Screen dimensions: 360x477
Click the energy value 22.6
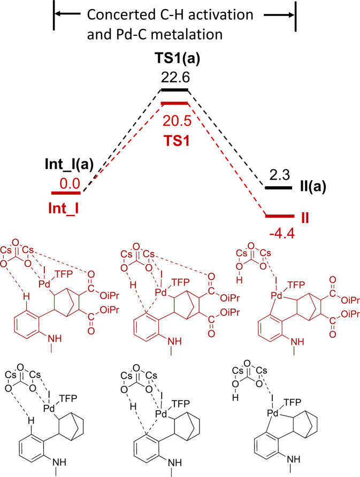174,79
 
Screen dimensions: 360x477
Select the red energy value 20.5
174,114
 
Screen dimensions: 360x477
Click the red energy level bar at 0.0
65,193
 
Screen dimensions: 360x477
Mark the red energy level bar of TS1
174,103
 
